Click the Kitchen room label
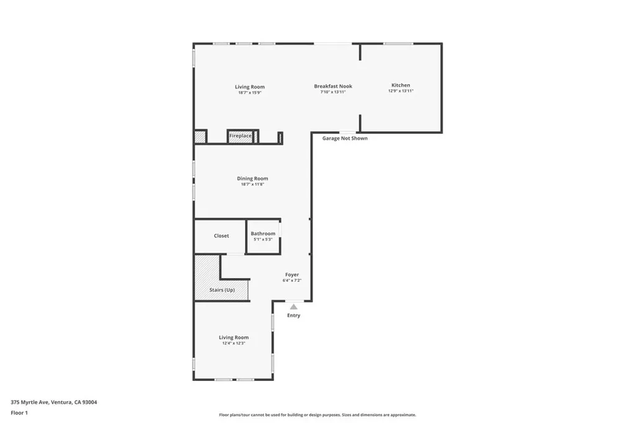click(x=400, y=85)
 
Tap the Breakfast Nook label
click(x=332, y=86)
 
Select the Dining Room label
click(x=252, y=178)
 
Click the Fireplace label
click(x=241, y=136)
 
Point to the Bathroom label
click(x=263, y=233)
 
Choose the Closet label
click(x=221, y=236)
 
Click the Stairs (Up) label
click(x=221, y=290)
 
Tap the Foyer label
click(x=291, y=274)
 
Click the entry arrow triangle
click(x=293, y=307)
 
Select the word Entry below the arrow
click(x=293, y=315)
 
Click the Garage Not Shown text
click(x=345, y=138)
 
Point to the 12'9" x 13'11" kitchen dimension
click(x=400, y=91)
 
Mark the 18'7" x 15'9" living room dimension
click(x=249, y=93)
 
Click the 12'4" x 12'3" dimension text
click(x=234, y=343)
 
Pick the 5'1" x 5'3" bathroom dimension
click(x=263, y=239)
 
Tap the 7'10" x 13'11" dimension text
click(x=332, y=92)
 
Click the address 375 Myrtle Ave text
click(x=54, y=402)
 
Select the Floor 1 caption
click(x=19, y=412)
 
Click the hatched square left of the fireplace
click(x=200, y=137)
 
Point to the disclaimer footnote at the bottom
click(x=317, y=415)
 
